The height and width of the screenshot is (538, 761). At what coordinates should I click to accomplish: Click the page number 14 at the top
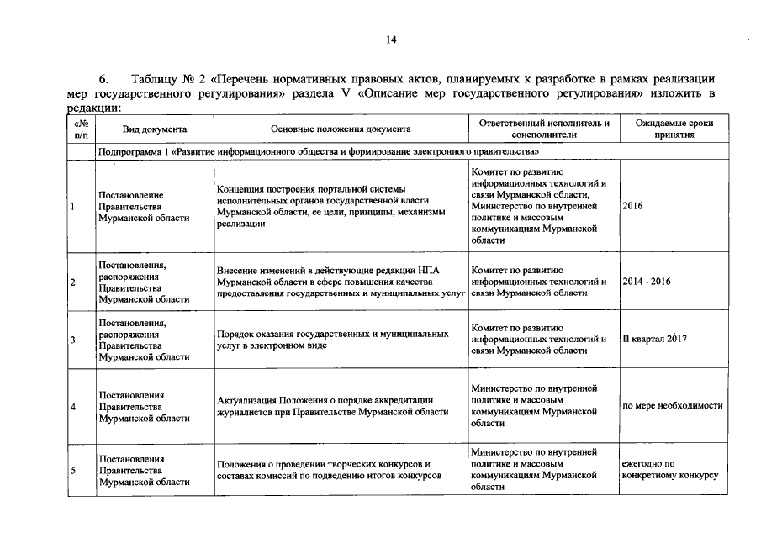point(391,40)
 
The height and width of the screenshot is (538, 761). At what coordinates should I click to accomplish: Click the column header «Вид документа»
point(154,129)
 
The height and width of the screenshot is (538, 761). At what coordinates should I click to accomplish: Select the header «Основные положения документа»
point(341,129)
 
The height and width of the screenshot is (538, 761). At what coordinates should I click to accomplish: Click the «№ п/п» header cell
point(81,129)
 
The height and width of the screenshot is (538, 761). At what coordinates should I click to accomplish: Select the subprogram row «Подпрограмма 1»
point(318,153)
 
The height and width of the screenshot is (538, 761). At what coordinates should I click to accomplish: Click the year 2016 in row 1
point(632,206)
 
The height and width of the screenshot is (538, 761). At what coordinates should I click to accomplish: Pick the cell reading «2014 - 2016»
point(647,282)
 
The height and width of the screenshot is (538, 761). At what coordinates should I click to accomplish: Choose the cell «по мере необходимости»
point(672,406)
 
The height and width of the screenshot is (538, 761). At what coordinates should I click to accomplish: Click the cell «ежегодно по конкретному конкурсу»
point(669,469)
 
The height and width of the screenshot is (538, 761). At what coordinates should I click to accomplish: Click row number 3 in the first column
point(73,340)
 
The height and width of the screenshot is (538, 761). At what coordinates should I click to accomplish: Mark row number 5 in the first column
point(73,470)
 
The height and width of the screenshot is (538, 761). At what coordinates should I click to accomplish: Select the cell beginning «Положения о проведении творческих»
point(329,469)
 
